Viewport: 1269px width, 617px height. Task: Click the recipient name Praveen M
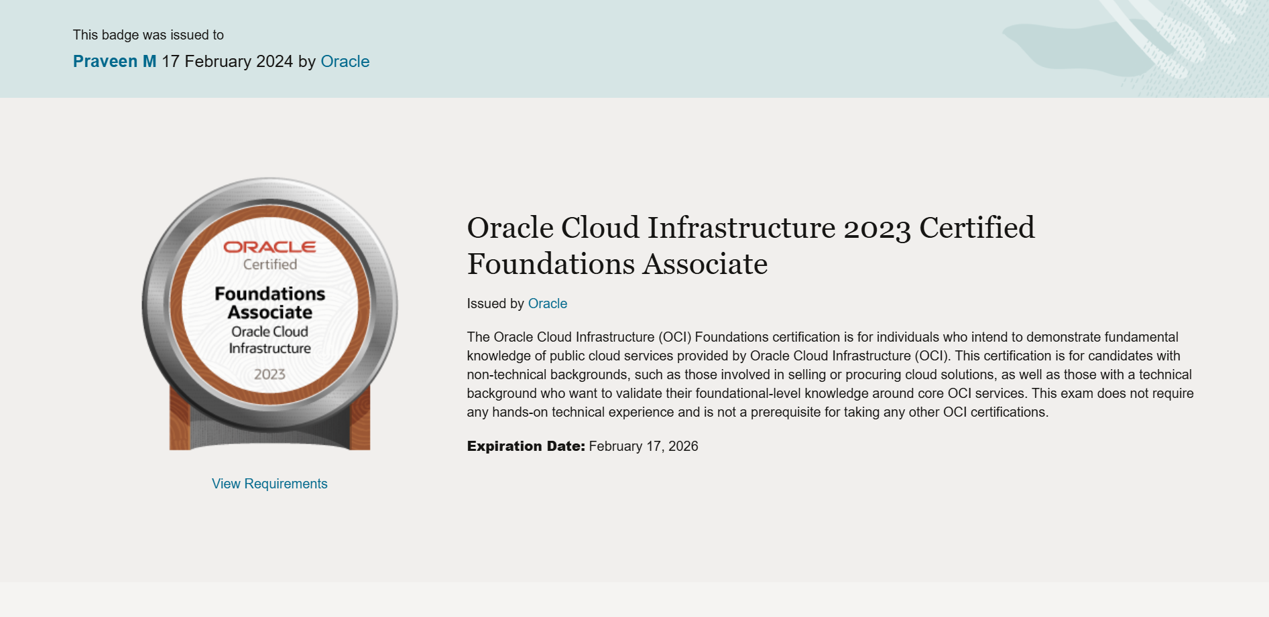(115, 62)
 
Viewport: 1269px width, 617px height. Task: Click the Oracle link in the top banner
(345, 62)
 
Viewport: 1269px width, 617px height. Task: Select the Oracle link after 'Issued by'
(548, 303)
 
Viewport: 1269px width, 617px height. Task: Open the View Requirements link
(269, 484)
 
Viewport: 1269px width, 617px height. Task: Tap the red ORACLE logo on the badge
(269, 247)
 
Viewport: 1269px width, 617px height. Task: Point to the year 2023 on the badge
(269, 374)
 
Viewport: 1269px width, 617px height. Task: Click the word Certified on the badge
(270, 265)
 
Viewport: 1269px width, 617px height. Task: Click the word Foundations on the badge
(270, 294)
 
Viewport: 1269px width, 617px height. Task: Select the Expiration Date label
(526, 446)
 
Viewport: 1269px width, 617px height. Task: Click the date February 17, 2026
(644, 446)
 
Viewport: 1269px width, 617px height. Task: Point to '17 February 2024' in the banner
(227, 62)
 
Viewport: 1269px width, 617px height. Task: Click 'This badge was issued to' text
(148, 35)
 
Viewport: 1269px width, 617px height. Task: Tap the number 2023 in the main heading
(877, 228)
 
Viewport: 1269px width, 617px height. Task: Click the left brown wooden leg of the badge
(180, 419)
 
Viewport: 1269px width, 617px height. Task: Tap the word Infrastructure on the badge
(270, 348)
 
